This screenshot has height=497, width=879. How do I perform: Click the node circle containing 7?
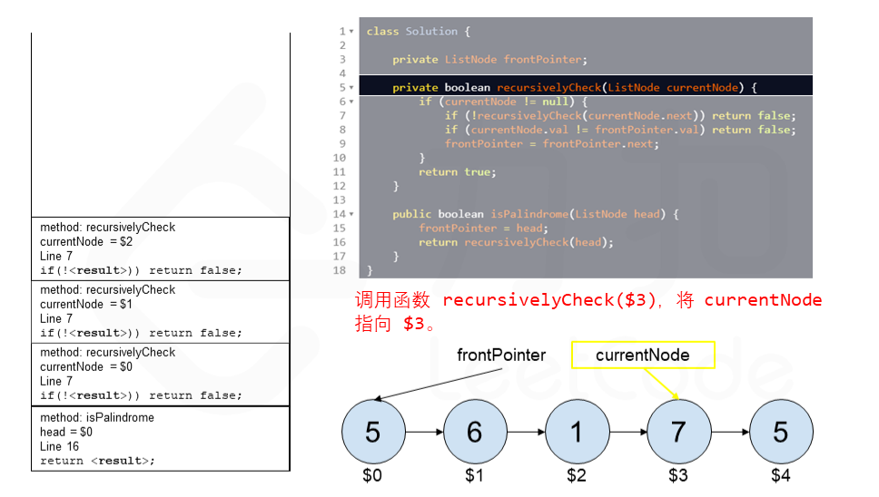click(x=678, y=433)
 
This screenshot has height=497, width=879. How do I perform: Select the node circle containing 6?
click(x=474, y=433)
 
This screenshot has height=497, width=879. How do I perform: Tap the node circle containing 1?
click(x=577, y=433)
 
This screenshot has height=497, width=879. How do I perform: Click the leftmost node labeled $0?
click(x=372, y=433)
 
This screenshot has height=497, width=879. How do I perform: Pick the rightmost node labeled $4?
click(x=780, y=433)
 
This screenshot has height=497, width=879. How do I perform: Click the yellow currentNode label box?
click(x=643, y=356)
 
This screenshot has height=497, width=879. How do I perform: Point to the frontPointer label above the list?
click(x=501, y=356)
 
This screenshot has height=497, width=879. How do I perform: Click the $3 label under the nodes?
click(x=678, y=475)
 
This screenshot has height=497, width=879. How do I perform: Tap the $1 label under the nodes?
click(x=474, y=475)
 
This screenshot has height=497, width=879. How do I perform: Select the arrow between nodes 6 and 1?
click(x=525, y=433)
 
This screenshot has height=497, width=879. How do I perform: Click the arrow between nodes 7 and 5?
click(x=729, y=433)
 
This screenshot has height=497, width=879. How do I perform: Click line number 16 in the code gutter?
click(x=340, y=242)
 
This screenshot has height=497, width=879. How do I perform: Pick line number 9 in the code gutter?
click(x=342, y=143)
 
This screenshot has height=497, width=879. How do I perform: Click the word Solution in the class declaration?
click(x=431, y=32)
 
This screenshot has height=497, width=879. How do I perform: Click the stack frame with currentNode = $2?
click(x=160, y=248)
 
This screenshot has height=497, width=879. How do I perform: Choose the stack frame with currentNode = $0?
click(x=160, y=374)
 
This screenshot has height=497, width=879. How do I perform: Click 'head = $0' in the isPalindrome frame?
click(x=66, y=432)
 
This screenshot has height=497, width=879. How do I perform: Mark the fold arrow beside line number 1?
click(x=351, y=32)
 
